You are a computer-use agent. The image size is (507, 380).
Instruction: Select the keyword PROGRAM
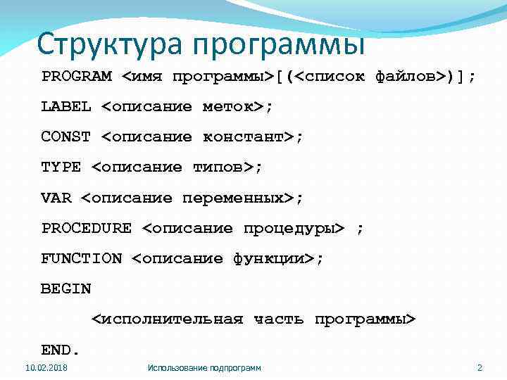[x=76, y=76]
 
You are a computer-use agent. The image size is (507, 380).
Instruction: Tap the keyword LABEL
[x=66, y=107]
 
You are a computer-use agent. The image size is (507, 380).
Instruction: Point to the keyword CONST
[x=66, y=137]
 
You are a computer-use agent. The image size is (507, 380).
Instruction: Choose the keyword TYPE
[x=61, y=167]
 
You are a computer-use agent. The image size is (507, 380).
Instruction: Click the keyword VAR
[x=56, y=198]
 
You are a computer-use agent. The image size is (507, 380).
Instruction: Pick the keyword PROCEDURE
[x=87, y=229]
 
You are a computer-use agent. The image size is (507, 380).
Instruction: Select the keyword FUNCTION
[x=82, y=259]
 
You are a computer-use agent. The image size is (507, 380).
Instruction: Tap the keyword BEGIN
[x=66, y=289]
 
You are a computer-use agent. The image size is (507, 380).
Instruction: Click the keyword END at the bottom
[x=58, y=350]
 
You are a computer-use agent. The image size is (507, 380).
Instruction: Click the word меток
[x=228, y=107]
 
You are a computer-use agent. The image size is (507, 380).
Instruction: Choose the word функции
[x=269, y=259]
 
